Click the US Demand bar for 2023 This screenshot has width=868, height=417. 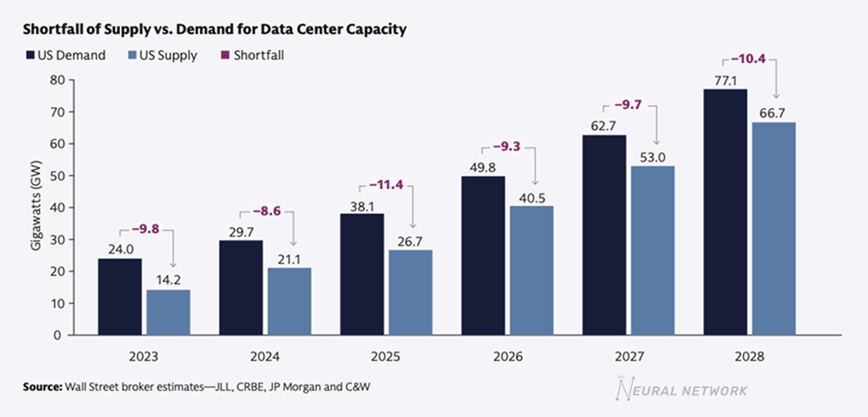click(120, 297)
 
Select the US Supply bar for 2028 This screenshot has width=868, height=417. click(773, 229)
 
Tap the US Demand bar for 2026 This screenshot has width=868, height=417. click(483, 255)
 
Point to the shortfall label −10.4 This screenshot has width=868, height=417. click(751, 60)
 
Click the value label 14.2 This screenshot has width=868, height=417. click(167, 282)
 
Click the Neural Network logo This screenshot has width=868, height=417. click(680, 390)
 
